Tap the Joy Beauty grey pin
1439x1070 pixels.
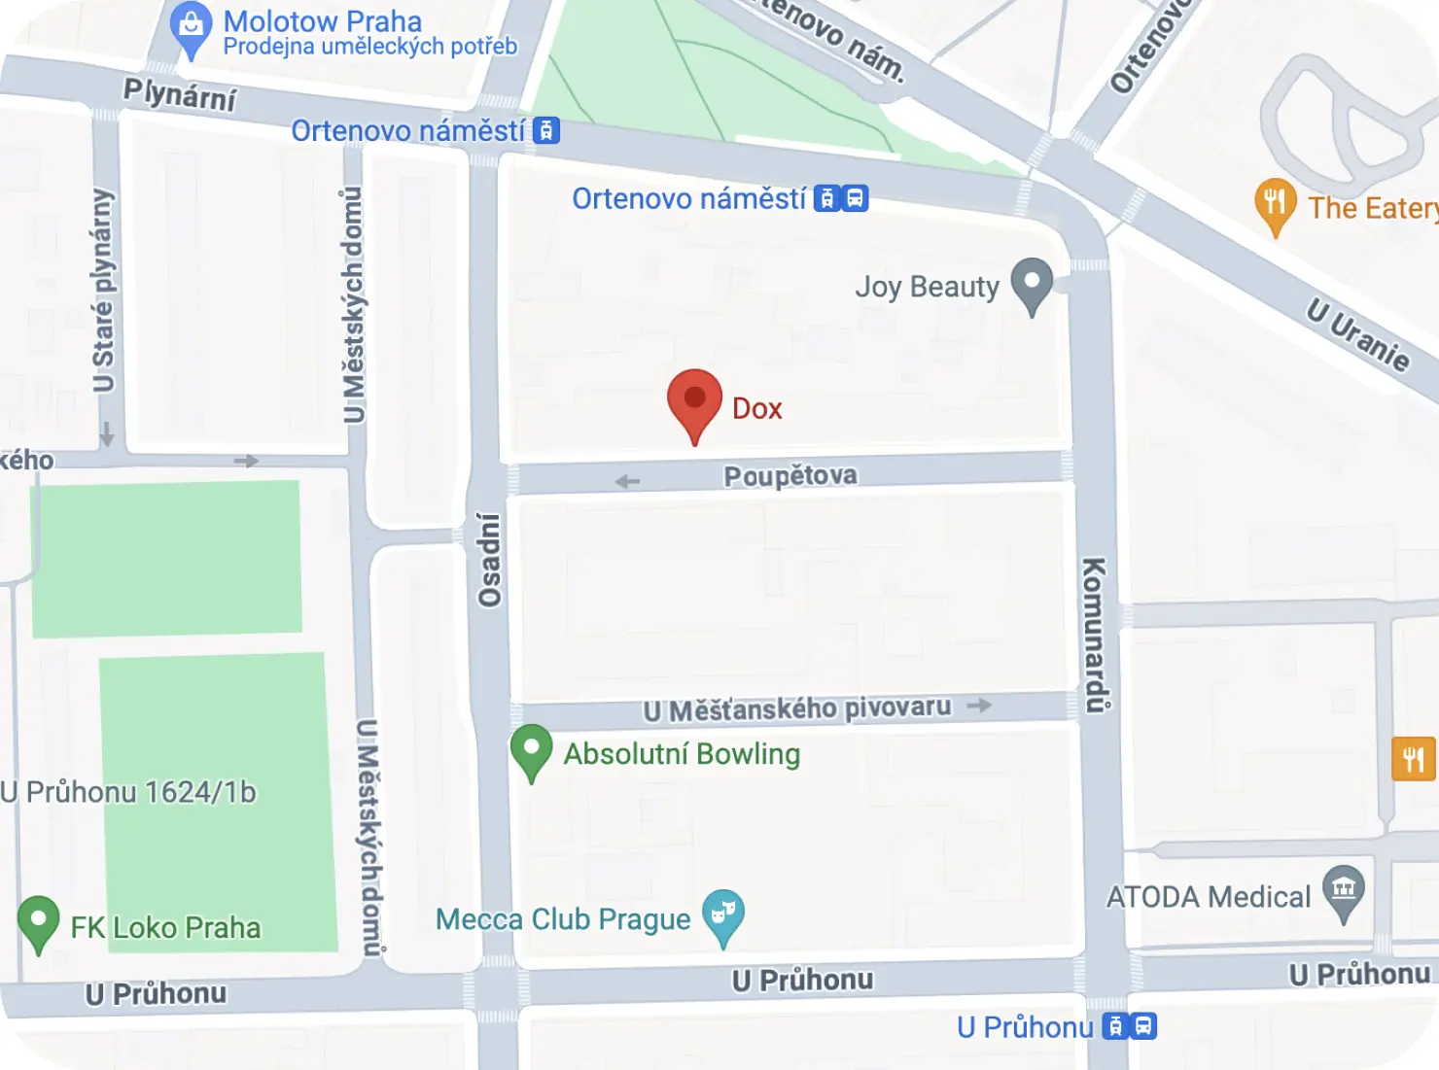coord(1032,284)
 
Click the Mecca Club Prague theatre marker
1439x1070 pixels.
coord(723,915)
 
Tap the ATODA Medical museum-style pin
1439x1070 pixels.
coord(1344,891)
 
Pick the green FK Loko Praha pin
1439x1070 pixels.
coord(38,922)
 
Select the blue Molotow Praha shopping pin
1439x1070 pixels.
coord(191,28)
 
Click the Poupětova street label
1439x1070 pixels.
coord(790,475)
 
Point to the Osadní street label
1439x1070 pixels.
coord(490,560)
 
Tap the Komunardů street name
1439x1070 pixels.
coord(1096,635)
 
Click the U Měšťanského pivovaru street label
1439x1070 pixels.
coord(797,708)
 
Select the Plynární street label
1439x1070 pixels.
coord(180,95)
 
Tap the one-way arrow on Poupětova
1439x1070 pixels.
coord(628,481)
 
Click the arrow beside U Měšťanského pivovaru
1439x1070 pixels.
coord(979,705)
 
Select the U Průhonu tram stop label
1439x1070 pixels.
coord(1025,1027)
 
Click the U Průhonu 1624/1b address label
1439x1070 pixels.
coord(128,792)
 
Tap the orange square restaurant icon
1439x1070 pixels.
coord(1413,759)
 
